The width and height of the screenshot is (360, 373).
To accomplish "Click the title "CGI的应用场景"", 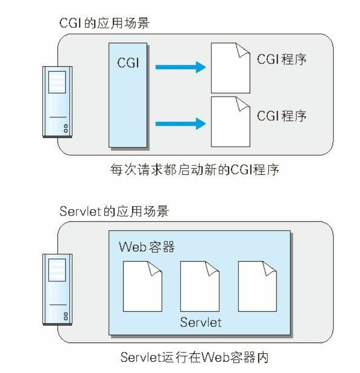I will (x=104, y=23).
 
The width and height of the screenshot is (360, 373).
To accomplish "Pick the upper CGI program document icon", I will (x=230, y=68).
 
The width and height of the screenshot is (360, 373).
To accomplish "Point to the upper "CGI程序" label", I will (x=282, y=60).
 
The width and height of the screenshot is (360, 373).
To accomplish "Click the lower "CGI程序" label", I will (x=282, y=116).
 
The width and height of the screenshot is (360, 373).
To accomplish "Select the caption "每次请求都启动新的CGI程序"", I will (x=195, y=170).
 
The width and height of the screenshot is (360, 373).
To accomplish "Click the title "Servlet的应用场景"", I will (x=114, y=212).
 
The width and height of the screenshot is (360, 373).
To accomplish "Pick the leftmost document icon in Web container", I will (x=142, y=286).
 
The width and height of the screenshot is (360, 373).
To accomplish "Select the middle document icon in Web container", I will (x=200, y=286).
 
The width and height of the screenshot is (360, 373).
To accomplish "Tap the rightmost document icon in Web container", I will (x=257, y=286).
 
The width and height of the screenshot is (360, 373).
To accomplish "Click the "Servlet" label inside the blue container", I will (x=200, y=322).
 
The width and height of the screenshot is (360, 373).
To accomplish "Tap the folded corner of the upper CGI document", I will (x=243, y=49).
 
